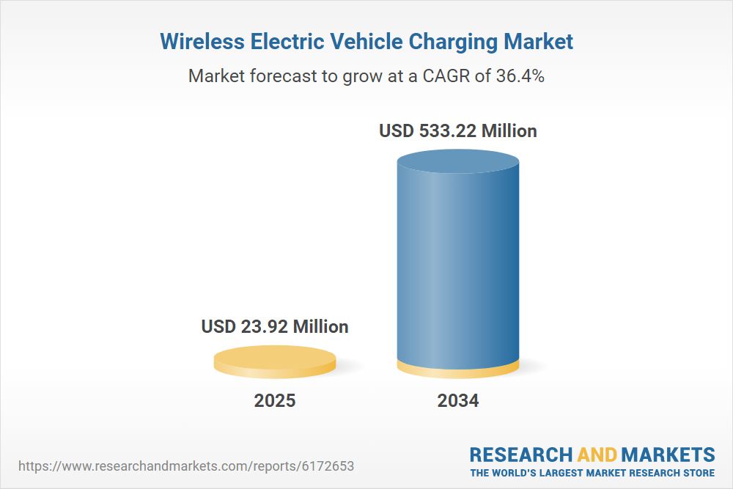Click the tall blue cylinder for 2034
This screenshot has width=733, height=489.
click(458, 264)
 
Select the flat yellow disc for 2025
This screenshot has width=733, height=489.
click(275, 361)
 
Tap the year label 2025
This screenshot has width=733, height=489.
click(275, 401)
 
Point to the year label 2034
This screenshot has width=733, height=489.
click(458, 401)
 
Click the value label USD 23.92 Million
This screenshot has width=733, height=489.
click(275, 326)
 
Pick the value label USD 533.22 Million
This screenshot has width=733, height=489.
click(458, 131)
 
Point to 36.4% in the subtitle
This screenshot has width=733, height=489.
click(519, 76)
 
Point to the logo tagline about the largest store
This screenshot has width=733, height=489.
click(592, 472)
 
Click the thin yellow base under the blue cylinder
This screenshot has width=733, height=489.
click(458, 371)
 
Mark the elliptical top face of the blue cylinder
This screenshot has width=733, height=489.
click(458, 163)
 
